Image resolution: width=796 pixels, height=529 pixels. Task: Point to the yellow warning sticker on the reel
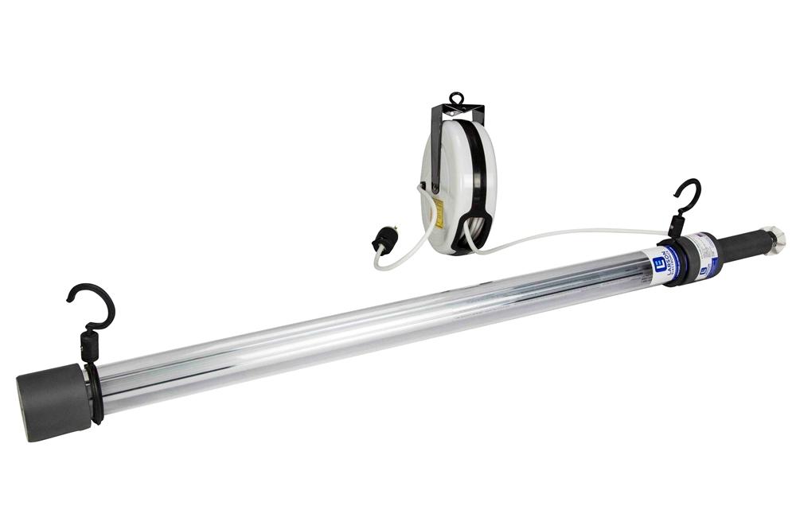[x=439, y=212]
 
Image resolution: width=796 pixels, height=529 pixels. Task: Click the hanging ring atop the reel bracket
[x=455, y=99]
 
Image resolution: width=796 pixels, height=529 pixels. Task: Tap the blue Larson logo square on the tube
[x=658, y=265]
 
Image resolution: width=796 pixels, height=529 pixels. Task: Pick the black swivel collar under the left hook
[x=89, y=347]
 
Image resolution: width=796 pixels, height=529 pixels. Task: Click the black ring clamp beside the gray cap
[x=96, y=394]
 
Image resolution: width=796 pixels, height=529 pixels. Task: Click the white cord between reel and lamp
[x=573, y=231]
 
